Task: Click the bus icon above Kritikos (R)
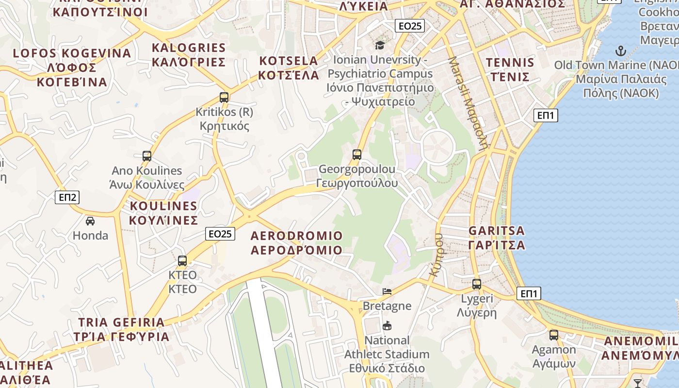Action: pos(224,97)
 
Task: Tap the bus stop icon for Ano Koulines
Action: pos(147,156)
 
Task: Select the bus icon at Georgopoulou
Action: pos(357,155)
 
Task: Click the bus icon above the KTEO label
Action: pos(182,261)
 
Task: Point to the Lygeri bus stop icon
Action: pos(477,284)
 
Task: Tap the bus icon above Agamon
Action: pos(553,335)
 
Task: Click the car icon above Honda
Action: pos(90,221)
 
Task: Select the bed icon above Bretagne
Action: pos(387,291)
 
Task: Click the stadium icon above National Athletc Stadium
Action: pos(387,325)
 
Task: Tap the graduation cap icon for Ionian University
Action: pos(380,45)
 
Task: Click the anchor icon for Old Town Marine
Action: pos(620,50)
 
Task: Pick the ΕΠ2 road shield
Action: pos(67,197)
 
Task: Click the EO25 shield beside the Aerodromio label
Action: pos(220,234)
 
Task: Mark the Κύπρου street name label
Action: pos(436,255)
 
